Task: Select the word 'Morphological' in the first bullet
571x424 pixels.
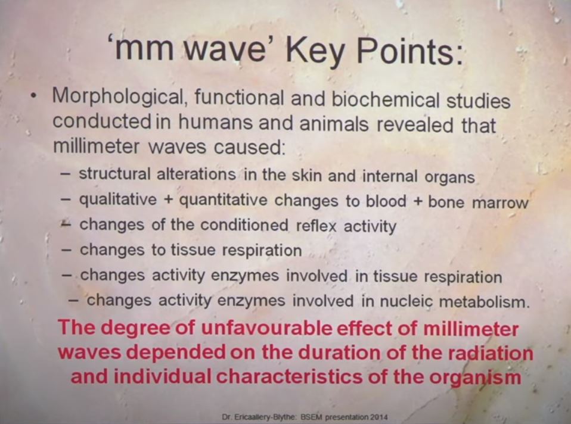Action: [x=120, y=98]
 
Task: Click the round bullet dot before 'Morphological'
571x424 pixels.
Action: [x=34, y=97]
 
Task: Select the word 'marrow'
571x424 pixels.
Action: [x=499, y=203]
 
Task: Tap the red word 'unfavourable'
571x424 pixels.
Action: [x=266, y=328]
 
